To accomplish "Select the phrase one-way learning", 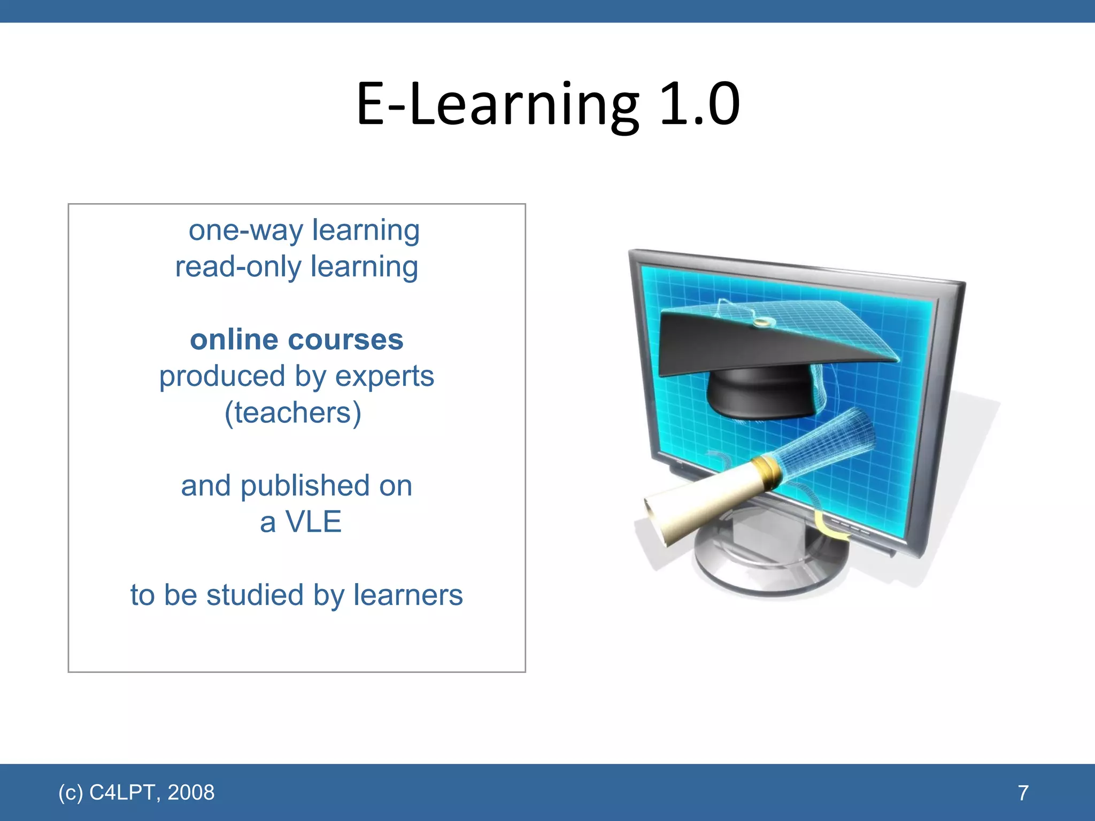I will [304, 231].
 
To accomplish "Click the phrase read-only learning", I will [297, 267].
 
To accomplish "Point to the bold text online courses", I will [297, 340].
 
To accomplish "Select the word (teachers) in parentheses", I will [293, 413].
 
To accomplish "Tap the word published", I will [305, 486].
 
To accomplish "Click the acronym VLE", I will [313, 522].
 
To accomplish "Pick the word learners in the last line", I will [408, 595].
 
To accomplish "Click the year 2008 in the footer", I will [191, 792].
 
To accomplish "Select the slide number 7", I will [1023, 793].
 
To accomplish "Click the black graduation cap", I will [759, 358].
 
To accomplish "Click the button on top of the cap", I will [761, 322].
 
